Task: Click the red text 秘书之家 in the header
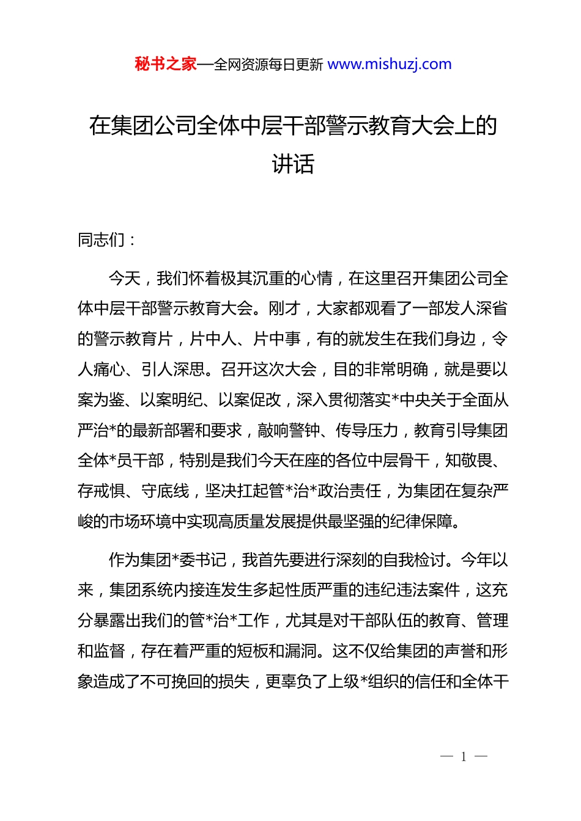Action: (x=166, y=64)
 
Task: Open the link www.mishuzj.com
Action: (x=390, y=64)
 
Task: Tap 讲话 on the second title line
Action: (x=293, y=164)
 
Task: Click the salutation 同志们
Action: (x=102, y=240)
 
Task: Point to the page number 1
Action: (x=464, y=757)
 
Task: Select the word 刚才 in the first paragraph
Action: (x=284, y=308)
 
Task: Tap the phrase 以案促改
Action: (x=250, y=400)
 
